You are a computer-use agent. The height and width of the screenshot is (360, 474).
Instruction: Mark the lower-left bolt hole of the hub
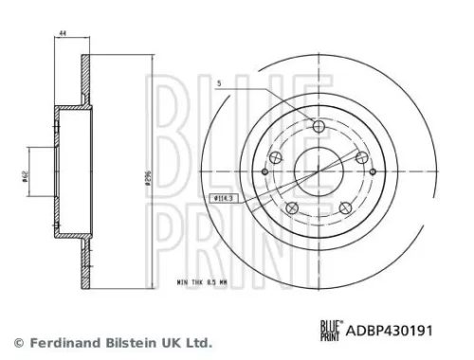(292, 207)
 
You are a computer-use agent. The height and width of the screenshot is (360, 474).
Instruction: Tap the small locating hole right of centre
(374, 172)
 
